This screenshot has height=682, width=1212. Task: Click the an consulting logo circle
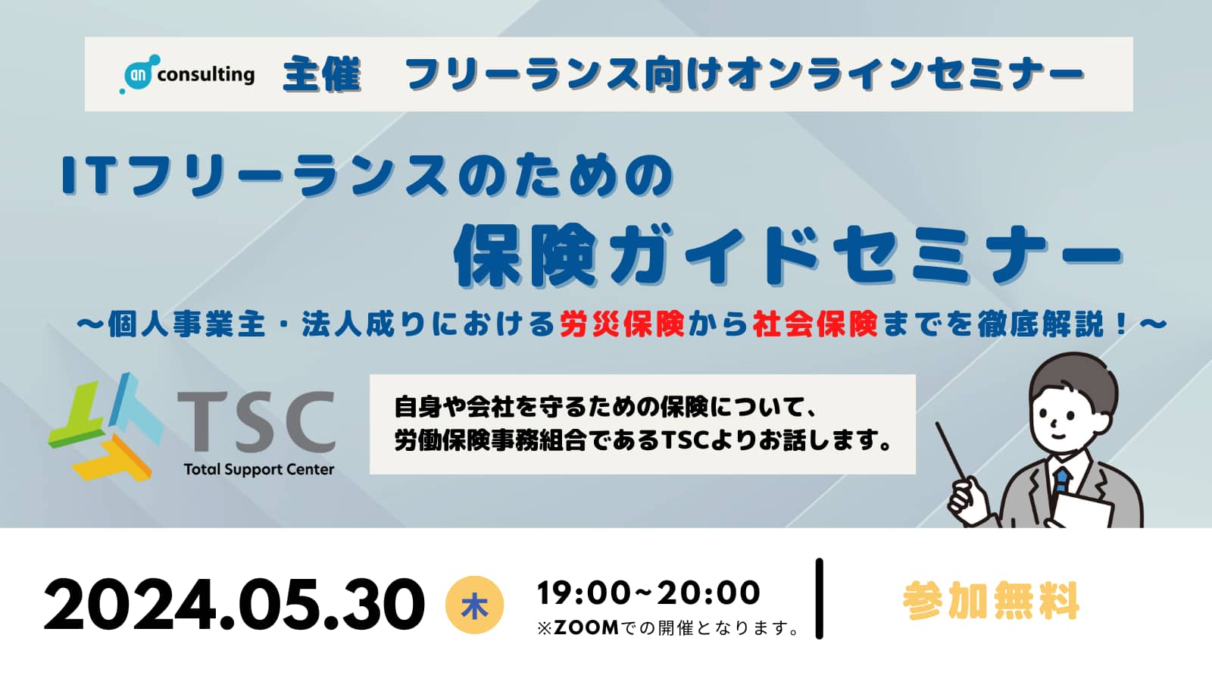(139, 74)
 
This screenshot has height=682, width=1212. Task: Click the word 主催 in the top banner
(321, 74)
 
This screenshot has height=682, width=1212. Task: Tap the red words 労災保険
(622, 324)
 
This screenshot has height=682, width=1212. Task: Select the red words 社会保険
(815, 324)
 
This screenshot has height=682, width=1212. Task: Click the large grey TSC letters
(257, 422)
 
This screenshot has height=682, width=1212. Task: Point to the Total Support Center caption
(258, 469)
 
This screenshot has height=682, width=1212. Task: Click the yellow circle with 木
(474, 605)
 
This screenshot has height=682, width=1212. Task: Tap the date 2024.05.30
(234, 604)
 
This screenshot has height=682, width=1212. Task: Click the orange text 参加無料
(991, 601)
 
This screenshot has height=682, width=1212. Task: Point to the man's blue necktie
(1061, 480)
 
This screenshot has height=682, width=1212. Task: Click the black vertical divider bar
(819, 599)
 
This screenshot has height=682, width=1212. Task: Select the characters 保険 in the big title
(526, 255)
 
